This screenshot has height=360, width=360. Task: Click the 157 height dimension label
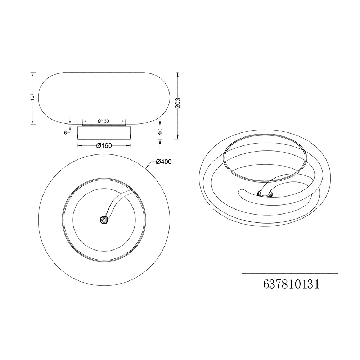coord(32,96)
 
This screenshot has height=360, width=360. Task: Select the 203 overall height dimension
coord(178,103)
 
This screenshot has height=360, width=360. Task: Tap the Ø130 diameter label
coord(103,121)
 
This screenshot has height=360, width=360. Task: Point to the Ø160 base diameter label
coord(104,145)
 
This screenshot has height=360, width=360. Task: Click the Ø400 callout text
coord(164,162)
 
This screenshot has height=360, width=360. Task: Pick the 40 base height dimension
coord(160,132)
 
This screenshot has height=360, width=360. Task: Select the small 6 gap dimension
coord(66,133)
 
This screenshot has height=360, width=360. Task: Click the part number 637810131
coord(291,284)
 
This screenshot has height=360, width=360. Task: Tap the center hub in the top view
coord(104,220)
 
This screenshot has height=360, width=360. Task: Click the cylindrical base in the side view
coord(104,132)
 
